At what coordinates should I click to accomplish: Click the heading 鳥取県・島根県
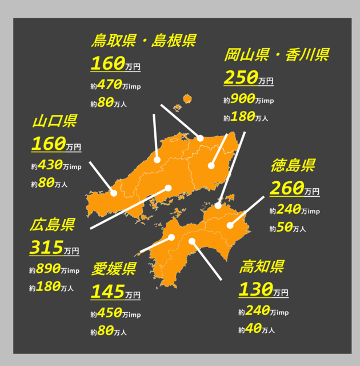pyautogui.click(x=144, y=41)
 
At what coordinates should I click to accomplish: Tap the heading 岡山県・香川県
pyautogui.click(x=276, y=55)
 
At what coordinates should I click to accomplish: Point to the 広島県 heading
pyautogui.click(x=52, y=225)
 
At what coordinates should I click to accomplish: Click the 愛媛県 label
pyautogui.click(x=113, y=269)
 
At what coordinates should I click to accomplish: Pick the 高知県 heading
pyautogui.click(x=262, y=266)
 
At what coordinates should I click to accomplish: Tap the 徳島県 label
pyautogui.click(x=292, y=166)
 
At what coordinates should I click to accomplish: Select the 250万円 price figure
pyautogui.click(x=249, y=78)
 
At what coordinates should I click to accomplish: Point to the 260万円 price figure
pyautogui.click(x=294, y=189)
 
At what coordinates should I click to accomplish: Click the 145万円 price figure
pyautogui.click(x=115, y=293)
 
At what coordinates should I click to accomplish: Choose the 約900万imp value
pyautogui.click(x=249, y=100)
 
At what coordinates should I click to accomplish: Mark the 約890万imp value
pyautogui.click(x=54, y=270)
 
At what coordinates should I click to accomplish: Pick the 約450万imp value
pyautogui.click(x=115, y=313)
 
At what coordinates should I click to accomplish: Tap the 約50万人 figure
pyautogui.click(x=287, y=228)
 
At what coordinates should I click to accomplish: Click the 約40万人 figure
pyautogui.click(x=257, y=329)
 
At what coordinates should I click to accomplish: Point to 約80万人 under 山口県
pyautogui.click(x=49, y=184)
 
